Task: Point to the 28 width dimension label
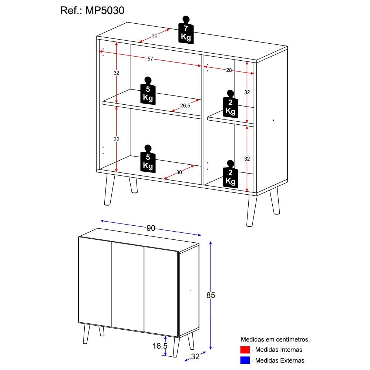[x=229, y=70]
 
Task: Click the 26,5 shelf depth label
[x=185, y=106]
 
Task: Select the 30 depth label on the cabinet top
[x=155, y=36]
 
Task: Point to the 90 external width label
[x=151, y=228]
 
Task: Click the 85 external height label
[x=211, y=295]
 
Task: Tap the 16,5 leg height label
[x=160, y=346]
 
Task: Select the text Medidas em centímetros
[x=275, y=339]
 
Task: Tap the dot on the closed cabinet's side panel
[x=190, y=290]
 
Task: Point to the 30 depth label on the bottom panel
[x=179, y=172]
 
